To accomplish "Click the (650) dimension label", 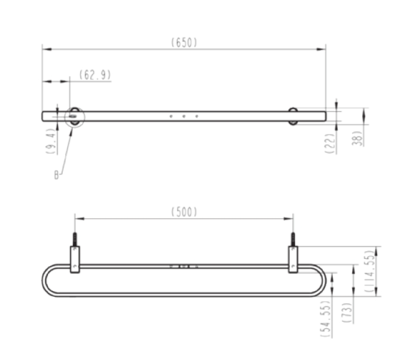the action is (184, 43).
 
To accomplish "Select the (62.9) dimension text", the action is (95, 75).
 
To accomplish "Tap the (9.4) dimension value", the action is (50, 141).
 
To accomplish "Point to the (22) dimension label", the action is (330, 144).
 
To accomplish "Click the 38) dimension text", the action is (357, 138).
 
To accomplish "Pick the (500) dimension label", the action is (184, 212).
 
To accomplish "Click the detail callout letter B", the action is (56, 175).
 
